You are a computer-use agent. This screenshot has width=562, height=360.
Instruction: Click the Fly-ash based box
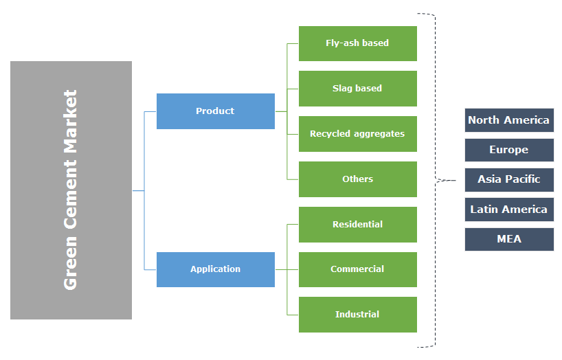click(x=357, y=43)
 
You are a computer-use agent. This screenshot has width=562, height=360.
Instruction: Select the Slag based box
click(x=357, y=89)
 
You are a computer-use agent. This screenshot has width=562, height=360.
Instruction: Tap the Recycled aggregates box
click(x=357, y=134)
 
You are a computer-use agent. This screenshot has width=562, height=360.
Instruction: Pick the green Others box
click(x=357, y=179)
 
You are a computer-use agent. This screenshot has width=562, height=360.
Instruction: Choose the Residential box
click(x=357, y=225)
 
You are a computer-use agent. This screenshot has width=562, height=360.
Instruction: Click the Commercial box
click(x=357, y=269)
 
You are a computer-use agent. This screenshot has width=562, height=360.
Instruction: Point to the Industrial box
click(x=357, y=315)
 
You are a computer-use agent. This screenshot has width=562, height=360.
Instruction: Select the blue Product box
click(x=215, y=111)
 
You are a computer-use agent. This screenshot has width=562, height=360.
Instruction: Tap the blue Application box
click(x=215, y=269)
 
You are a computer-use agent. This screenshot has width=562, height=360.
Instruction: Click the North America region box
click(x=508, y=120)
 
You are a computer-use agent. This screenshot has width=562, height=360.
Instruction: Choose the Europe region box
click(x=508, y=150)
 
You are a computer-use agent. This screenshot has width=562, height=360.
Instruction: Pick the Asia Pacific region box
click(x=508, y=179)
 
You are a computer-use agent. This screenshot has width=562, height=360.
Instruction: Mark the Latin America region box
click(x=508, y=210)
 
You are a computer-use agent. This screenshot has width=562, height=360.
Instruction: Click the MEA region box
click(x=508, y=239)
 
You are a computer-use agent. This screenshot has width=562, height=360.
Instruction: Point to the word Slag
click(x=343, y=89)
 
